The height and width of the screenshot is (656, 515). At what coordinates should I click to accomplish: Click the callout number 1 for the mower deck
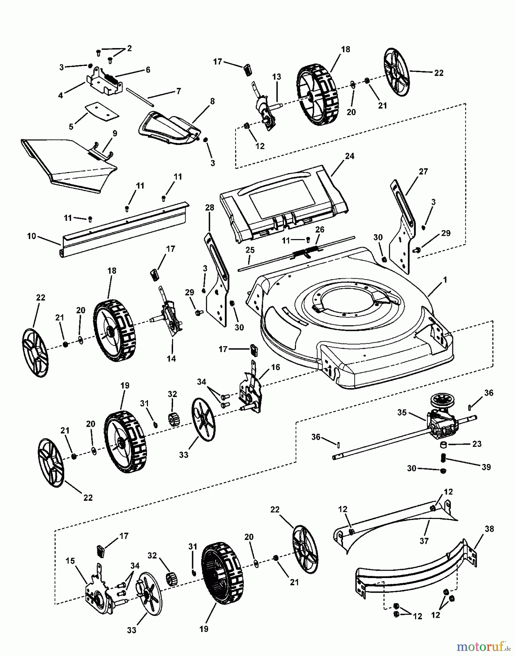click(x=445, y=280)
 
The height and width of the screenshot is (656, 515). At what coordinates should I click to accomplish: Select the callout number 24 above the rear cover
click(x=350, y=156)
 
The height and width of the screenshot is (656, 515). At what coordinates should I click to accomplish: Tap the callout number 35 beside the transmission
click(x=402, y=413)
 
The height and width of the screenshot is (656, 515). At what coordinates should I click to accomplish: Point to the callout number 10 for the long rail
click(x=31, y=236)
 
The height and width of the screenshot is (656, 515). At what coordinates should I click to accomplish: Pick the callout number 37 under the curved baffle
click(x=424, y=541)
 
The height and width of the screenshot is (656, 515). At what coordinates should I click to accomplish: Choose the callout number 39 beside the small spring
click(x=486, y=467)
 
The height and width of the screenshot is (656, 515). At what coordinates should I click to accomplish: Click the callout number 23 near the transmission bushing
click(x=477, y=444)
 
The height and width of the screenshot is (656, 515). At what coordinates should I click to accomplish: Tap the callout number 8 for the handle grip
click(x=212, y=101)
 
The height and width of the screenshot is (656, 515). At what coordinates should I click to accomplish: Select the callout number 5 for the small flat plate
click(x=71, y=126)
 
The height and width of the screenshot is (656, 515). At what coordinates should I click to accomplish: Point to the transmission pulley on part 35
click(x=440, y=399)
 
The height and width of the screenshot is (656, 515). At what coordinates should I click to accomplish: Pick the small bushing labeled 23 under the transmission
click(x=444, y=445)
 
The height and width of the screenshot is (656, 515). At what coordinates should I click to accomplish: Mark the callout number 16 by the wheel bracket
click(x=276, y=367)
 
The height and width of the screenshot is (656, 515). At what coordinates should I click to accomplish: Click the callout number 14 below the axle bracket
click(x=171, y=359)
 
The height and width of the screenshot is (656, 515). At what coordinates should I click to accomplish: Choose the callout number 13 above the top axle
click(x=277, y=77)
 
